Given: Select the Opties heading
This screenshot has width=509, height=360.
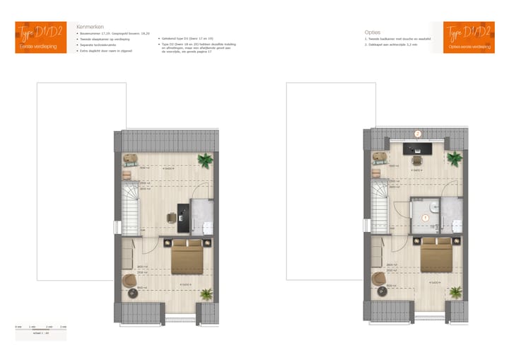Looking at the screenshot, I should (373, 32).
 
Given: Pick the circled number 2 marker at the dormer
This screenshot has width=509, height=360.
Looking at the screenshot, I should (418, 133).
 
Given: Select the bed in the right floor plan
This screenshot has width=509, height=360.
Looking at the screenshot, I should (438, 257).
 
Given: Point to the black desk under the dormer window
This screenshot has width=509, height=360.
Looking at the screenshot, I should (418, 149).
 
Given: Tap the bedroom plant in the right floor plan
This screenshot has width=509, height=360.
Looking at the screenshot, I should (456, 291).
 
